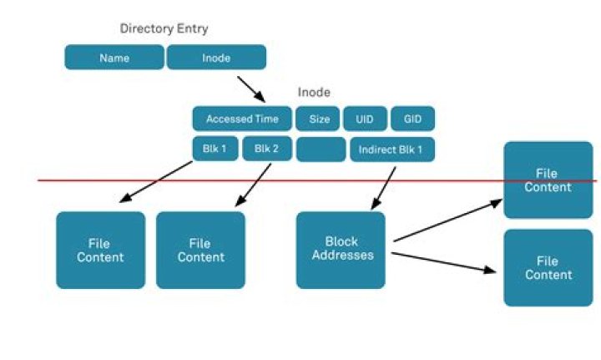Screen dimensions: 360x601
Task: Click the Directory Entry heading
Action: tap(164, 29)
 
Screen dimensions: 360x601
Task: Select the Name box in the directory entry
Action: tap(114, 58)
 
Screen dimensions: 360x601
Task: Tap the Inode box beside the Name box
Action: tap(216, 58)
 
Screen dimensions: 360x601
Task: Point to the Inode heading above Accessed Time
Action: tap(314, 93)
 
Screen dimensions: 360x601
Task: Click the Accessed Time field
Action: tap(242, 119)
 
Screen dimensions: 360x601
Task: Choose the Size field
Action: tap(319, 119)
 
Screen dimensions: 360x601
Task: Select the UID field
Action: tap(364, 119)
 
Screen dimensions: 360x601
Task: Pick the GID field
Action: tap(412, 119)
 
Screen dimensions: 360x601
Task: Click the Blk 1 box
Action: tap(215, 150)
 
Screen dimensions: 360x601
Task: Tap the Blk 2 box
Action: tap(265, 150)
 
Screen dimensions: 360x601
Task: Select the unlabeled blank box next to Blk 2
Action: tap(321, 150)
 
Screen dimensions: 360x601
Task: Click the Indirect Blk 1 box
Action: tap(391, 150)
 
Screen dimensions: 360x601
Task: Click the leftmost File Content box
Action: tap(100, 250)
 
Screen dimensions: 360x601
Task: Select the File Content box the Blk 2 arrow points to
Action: tap(200, 250)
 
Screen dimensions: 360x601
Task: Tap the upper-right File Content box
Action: tap(548, 180)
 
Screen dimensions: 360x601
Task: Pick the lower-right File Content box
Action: tap(548, 268)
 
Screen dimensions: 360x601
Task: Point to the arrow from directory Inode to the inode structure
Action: tap(250, 89)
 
